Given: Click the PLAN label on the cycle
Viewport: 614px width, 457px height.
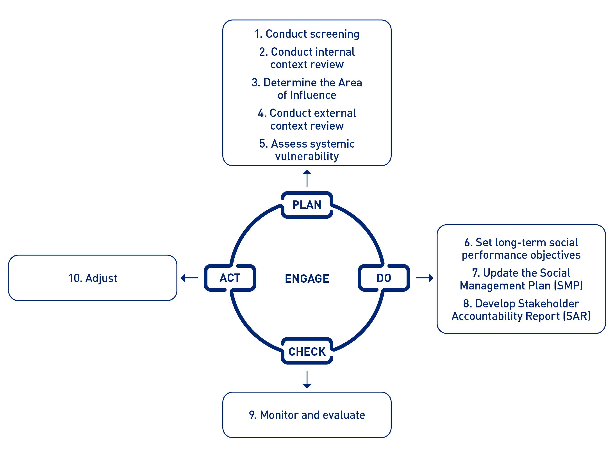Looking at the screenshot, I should (x=307, y=205).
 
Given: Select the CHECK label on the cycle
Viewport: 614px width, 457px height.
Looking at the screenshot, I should (x=307, y=352).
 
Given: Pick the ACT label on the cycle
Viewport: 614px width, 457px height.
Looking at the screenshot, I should (x=230, y=278).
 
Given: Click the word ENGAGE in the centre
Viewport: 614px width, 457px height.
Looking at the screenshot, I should (x=307, y=278).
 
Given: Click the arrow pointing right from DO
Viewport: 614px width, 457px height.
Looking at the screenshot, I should (x=425, y=278).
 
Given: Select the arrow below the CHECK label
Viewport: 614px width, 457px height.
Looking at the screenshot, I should (x=307, y=380).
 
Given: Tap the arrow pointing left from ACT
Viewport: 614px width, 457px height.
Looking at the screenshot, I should (x=189, y=278).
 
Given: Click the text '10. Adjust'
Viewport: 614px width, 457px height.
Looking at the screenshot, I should (x=93, y=278).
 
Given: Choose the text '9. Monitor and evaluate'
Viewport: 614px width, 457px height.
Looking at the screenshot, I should (x=307, y=415).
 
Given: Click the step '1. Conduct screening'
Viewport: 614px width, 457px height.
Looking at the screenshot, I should (x=307, y=34).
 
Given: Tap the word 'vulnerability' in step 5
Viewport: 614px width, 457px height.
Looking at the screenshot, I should (x=307, y=157).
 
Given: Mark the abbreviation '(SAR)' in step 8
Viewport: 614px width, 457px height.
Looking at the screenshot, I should (x=577, y=316).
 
